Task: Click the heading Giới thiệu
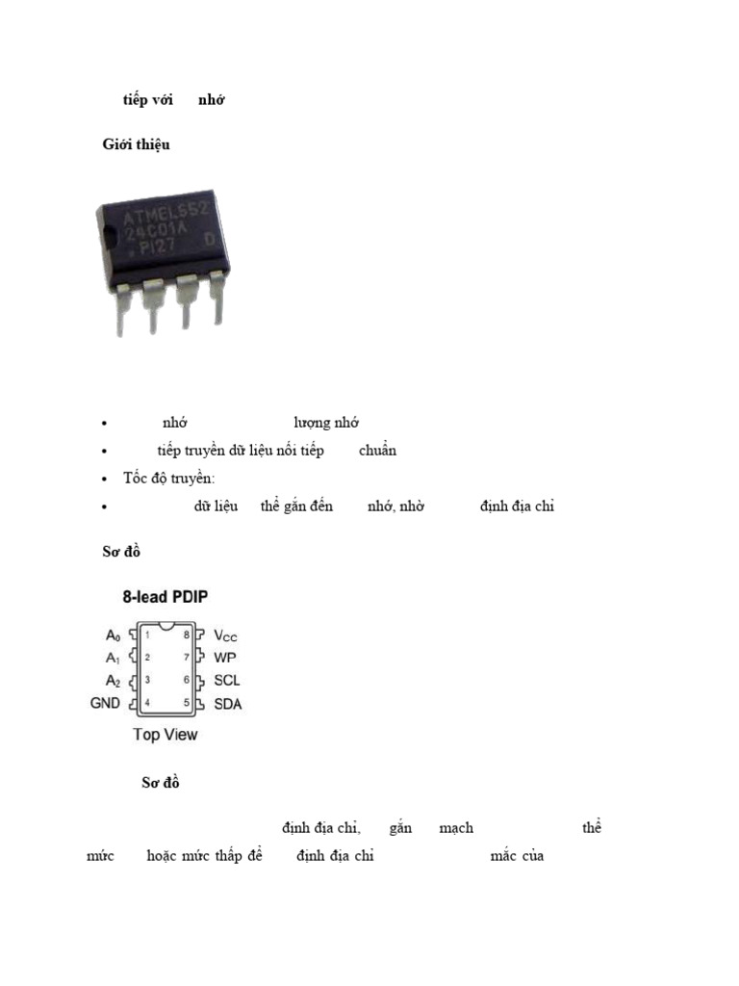click(x=136, y=144)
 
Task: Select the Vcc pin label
click(x=225, y=636)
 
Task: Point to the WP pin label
click(x=224, y=658)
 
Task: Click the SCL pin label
click(x=227, y=681)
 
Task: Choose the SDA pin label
click(x=228, y=704)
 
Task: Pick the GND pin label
click(x=105, y=704)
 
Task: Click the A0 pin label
click(x=114, y=636)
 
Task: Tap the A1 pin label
click(x=114, y=658)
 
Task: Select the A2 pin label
click(x=114, y=681)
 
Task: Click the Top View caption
click(x=165, y=735)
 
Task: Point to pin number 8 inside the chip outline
click(x=187, y=636)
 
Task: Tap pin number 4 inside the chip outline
click(x=146, y=704)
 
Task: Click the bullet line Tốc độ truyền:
click(x=169, y=479)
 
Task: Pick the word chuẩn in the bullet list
click(x=377, y=451)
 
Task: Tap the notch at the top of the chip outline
click(x=166, y=628)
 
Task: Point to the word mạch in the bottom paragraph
click(x=456, y=828)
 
